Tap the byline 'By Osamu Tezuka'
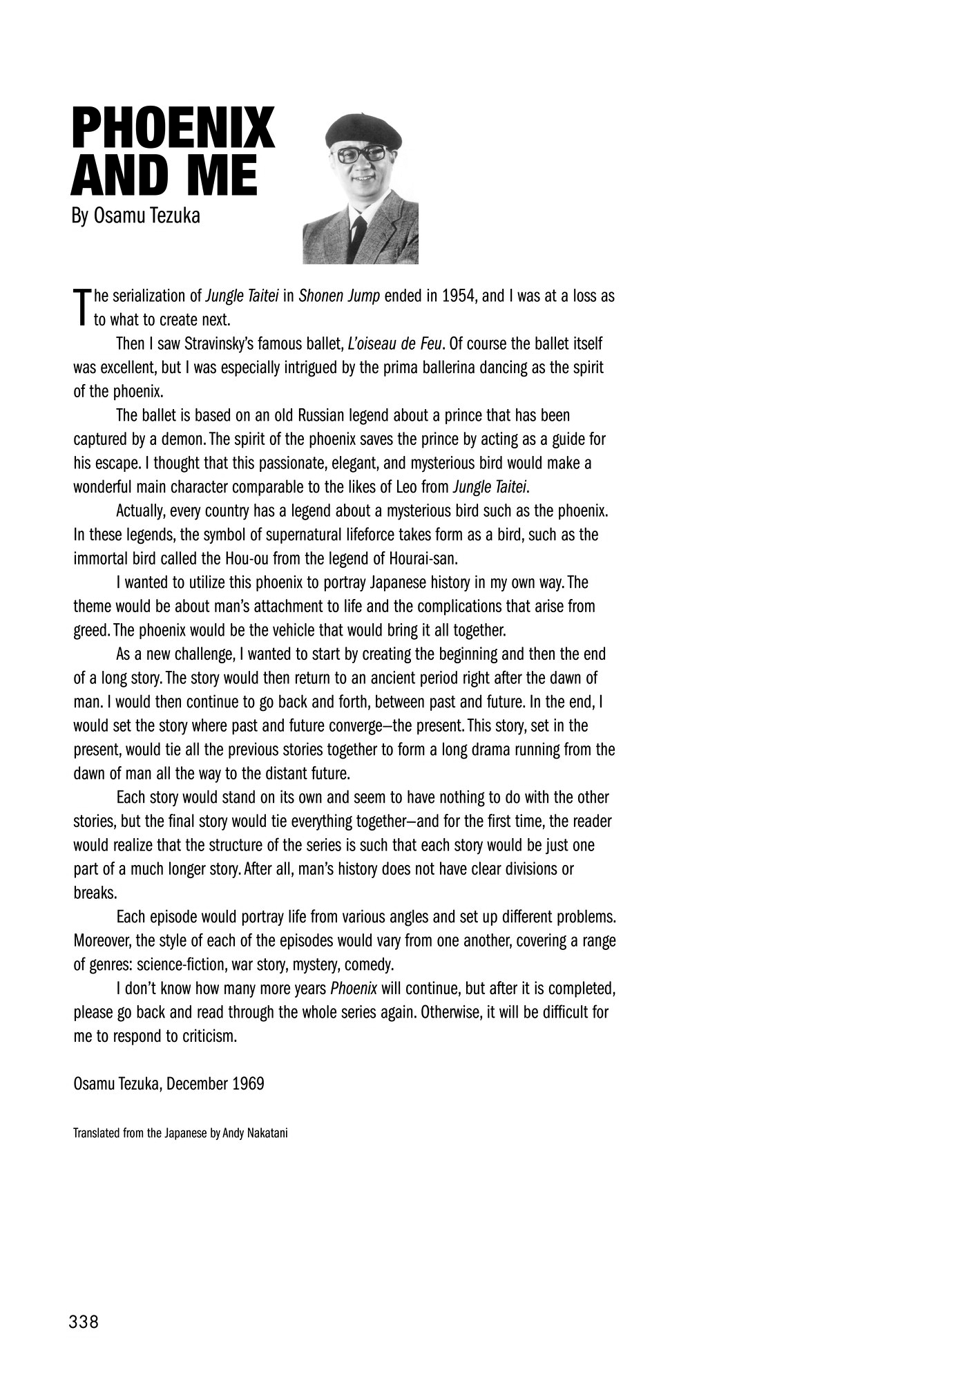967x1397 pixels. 136,216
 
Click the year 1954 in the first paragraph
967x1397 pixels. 457,296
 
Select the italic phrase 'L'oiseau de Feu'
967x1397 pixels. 396,343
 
